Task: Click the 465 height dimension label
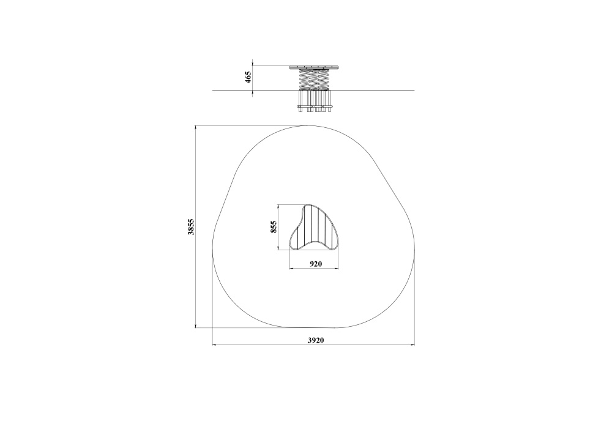coord(248,77)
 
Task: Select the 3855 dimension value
coord(191,227)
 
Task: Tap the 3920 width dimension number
coord(316,340)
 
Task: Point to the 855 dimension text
coord(274,227)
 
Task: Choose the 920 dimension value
coord(316,264)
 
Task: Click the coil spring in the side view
coord(314,79)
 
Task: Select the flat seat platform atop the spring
coord(314,67)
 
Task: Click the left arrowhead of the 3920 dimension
coord(215,344)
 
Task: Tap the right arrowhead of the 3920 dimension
coord(412,344)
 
